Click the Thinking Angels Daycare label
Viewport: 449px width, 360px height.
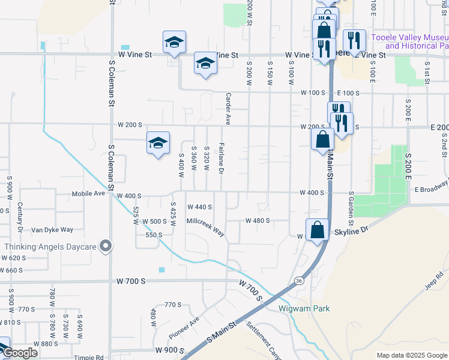[x=50, y=247]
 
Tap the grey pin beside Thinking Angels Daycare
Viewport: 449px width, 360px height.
[x=106, y=247]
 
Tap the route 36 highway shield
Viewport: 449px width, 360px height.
[x=298, y=280]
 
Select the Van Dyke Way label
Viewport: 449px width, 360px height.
[x=52, y=230]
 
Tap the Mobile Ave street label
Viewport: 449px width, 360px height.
[x=88, y=194]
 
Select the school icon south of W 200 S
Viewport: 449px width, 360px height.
[x=158, y=143]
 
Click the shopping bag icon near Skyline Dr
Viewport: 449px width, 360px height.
[x=317, y=229]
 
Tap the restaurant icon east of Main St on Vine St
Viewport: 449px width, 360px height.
[x=354, y=40]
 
